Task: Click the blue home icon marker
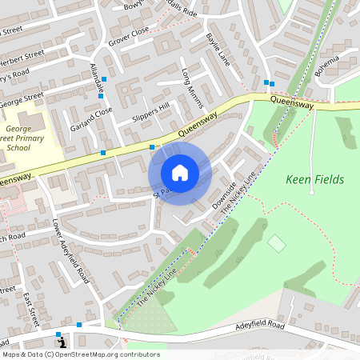(180, 173)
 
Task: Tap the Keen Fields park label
(314, 179)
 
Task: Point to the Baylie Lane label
(217, 47)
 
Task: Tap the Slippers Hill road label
(152, 118)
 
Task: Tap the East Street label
(31, 307)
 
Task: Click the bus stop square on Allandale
(104, 78)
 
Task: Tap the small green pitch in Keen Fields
(276, 242)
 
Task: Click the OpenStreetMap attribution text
(80, 354)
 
